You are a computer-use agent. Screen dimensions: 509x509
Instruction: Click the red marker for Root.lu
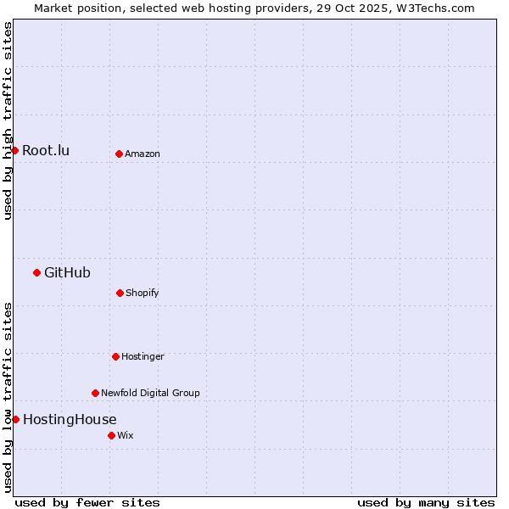[x=15, y=150]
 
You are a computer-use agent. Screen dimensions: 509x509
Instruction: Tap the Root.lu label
[x=46, y=151]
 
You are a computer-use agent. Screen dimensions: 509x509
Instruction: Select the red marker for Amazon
[x=119, y=154]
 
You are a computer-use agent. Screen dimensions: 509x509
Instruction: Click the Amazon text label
[x=143, y=154]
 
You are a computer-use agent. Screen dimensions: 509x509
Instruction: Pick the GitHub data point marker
[x=36, y=272]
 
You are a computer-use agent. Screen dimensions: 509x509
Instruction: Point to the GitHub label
[x=67, y=273]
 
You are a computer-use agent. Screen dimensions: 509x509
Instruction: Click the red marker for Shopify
[x=120, y=293]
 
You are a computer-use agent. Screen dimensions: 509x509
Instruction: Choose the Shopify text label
[x=143, y=293]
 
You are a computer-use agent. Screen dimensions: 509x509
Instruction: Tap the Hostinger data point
[x=115, y=356]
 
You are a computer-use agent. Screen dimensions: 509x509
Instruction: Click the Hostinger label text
[x=143, y=356]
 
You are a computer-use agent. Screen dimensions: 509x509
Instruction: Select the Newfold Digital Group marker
[x=95, y=393]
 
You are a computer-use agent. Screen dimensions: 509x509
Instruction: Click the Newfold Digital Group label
[x=150, y=393]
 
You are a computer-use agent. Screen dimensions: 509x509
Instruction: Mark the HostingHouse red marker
[x=15, y=419]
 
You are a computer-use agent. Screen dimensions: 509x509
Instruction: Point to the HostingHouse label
[x=70, y=420]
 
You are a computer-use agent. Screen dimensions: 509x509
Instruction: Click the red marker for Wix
[x=111, y=435]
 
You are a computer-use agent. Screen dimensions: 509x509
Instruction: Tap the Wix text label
[x=126, y=435]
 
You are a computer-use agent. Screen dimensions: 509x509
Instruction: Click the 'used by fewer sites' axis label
[x=87, y=502]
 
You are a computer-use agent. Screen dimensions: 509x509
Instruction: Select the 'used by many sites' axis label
[x=426, y=502]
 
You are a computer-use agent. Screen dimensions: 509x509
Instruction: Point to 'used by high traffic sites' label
[x=8, y=120]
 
